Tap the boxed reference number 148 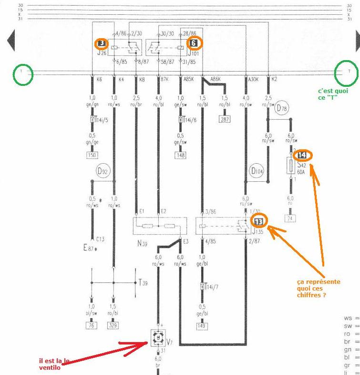(x=181, y=156)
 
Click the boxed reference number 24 (x=290, y=219)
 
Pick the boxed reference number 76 (x=91, y=326)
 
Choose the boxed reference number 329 (x=113, y=326)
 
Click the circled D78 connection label (x=282, y=109)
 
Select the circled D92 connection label (x=103, y=170)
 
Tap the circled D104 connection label (x=257, y=170)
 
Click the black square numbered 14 (x=302, y=156)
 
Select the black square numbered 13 (x=258, y=221)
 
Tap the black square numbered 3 (x=102, y=43)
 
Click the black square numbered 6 (x=193, y=43)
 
